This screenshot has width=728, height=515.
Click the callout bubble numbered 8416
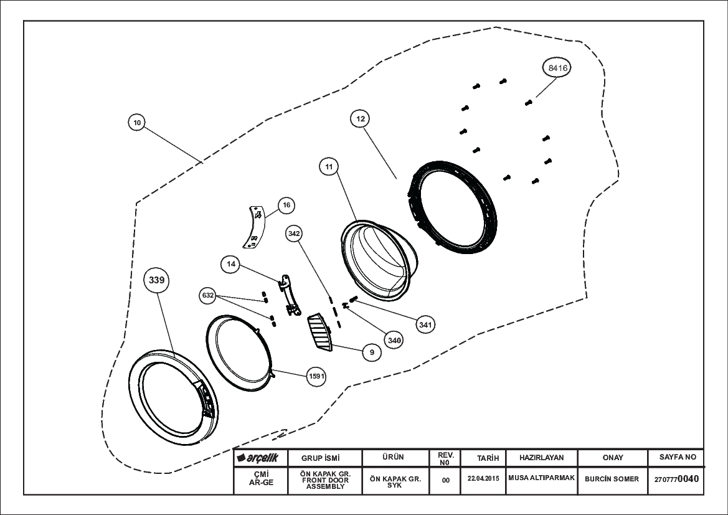tap(557, 68)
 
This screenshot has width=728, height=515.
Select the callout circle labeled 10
tap(137, 123)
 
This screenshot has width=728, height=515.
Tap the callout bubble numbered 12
tap(361, 119)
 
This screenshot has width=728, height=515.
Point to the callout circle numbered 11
tap(329, 167)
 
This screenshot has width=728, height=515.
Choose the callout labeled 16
tap(286, 206)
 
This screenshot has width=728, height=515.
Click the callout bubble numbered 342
tap(294, 234)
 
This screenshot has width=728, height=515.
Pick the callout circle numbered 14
tap(231, 264)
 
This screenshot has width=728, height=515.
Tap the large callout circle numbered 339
tap(157, 280)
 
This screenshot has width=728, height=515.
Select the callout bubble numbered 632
tap(208, 295)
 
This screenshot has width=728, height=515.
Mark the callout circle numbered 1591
tap(316, 376)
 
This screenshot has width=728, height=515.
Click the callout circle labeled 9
tap(372, 352)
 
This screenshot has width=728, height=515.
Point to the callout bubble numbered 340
tap(394, 341)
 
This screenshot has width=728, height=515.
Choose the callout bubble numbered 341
tap(425, 324)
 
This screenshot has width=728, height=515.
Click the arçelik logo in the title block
tap(257, 458)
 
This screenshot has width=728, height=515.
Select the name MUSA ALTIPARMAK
tap(541, 478)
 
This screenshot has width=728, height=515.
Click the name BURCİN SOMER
tap(612, 479)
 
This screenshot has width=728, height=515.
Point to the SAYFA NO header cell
tap(678, 458)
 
